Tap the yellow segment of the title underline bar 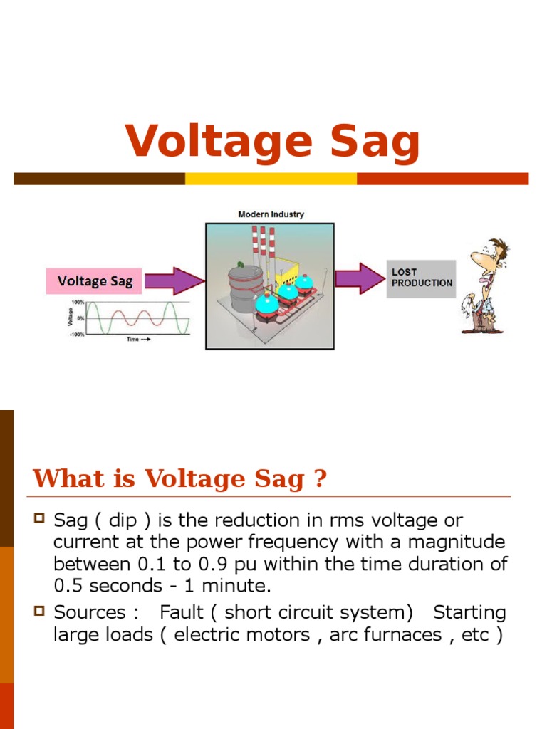(271, 179)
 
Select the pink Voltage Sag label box (95, 280)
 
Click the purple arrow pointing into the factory (174, 280)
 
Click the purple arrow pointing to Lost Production (360, 278)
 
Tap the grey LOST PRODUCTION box (422, 278)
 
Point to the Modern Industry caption (271, 214)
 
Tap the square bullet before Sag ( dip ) (40, 518)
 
